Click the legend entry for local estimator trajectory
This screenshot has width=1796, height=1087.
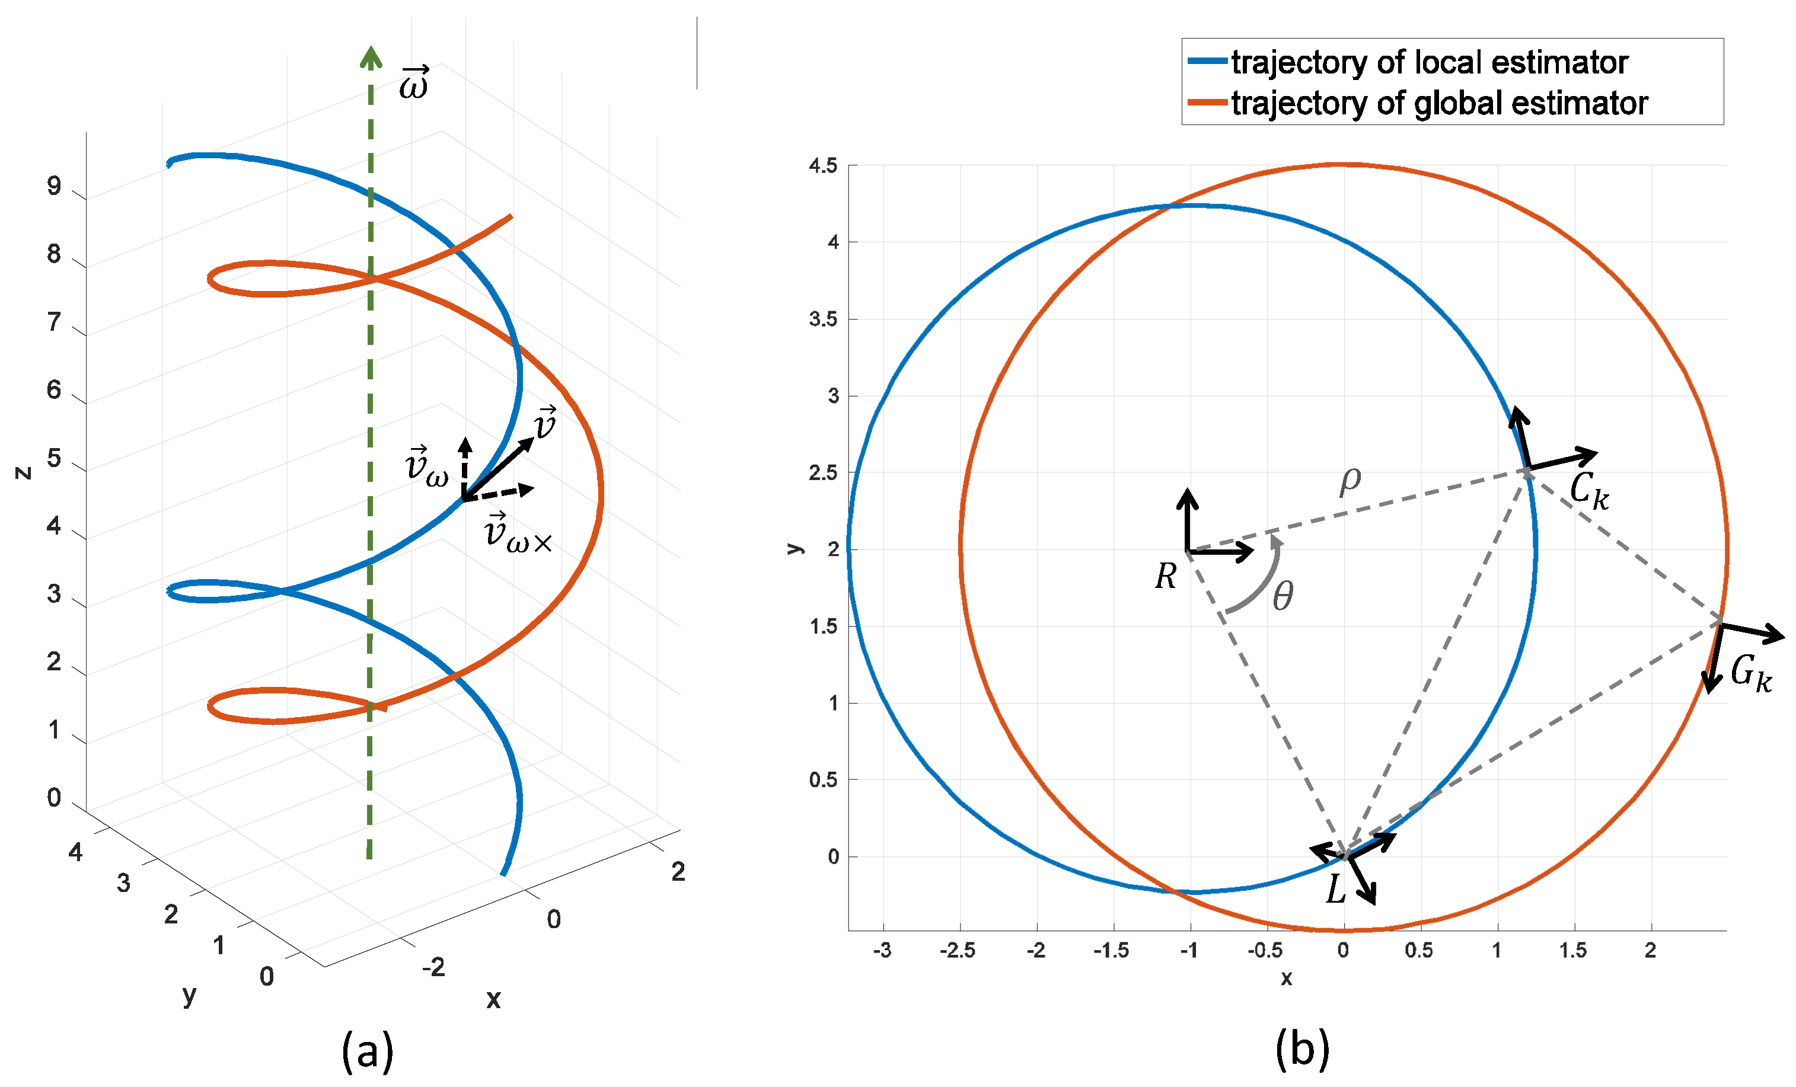(1428, 63)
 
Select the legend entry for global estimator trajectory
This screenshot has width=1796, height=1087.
(1439, 104)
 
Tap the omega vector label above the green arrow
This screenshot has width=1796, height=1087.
(414, 83)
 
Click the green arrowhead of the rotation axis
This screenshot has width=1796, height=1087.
(371, 57)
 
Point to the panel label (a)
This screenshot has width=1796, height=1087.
(368, 1051)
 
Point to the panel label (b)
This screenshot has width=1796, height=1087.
(1302, 1049)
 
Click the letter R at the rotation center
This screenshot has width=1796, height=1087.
(1166, 576)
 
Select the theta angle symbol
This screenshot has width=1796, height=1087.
(1283, 597)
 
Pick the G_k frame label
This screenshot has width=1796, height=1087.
(1751, 673)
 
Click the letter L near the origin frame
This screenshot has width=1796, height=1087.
(1335, 889)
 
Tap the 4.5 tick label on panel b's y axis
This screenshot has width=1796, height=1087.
(823, 166)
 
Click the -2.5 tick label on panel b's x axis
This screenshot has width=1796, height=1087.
(957, 951)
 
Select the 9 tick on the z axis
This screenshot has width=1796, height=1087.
(54, 187)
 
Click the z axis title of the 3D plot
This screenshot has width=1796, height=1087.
(23, 473)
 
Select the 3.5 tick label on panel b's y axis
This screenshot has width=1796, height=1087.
(823, 319)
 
